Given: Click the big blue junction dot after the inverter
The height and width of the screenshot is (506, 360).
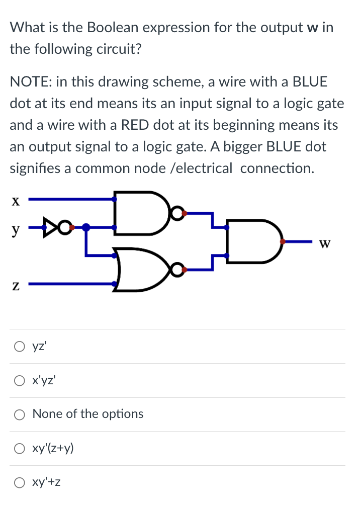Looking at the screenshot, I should pyautogui.click(x=86, y=228).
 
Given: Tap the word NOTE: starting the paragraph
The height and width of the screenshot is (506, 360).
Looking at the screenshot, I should pyautogui.click(x=31, y=81).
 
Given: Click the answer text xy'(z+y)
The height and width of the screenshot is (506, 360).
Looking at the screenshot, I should pyautogui.click(x=53, y=448).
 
